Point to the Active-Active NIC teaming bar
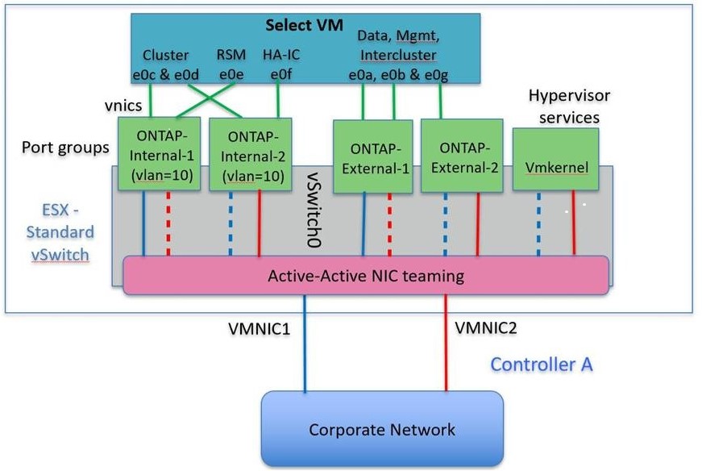tap(365, 276)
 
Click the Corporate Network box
tap(382, 428)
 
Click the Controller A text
tap(542, 365)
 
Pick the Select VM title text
tap(299, 25)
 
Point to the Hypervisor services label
tap(569, 106)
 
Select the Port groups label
tap(66, 148)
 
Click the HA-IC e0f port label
tap(278, 65)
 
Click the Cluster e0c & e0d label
tap(165, 65)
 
